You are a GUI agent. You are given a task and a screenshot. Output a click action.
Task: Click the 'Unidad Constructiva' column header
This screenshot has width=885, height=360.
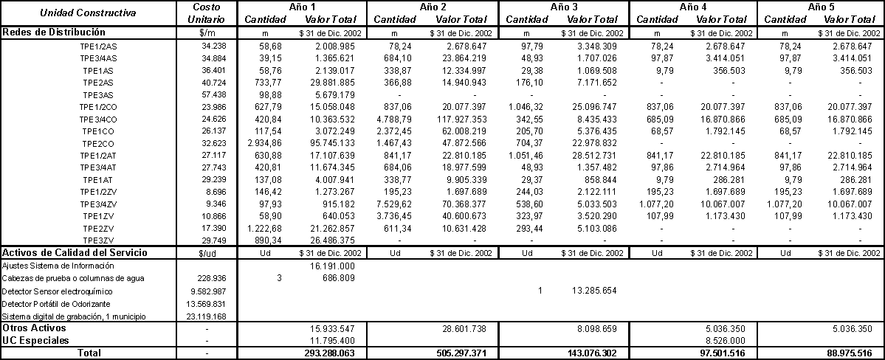[x=88, y=13]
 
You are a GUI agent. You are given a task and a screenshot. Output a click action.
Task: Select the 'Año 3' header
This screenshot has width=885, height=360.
[x=564, y=7]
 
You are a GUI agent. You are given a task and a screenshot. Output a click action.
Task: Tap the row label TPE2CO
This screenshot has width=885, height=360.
[x=97, y=143]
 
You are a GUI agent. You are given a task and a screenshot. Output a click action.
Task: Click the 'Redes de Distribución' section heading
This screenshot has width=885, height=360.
[x=53, y=32]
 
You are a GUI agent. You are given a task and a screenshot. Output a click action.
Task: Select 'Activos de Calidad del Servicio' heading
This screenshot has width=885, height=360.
[x=75, y=252]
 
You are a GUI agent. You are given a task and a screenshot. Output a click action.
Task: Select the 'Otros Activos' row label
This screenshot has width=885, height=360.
[x=34, y=328]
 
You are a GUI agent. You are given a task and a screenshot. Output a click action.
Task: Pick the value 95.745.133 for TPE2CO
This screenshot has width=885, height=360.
[x=332, y=143]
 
